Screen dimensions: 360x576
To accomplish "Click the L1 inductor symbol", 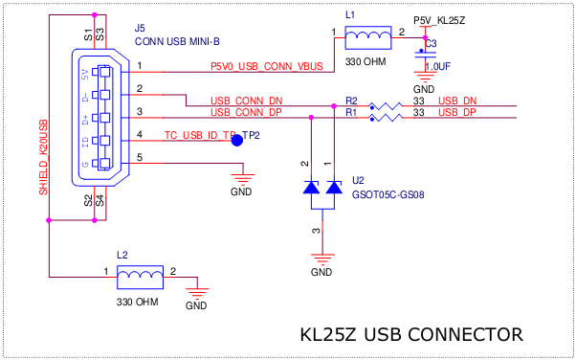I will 366,38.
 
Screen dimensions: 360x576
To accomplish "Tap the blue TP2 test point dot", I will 237,141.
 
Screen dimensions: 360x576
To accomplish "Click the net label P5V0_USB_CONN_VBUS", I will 267,66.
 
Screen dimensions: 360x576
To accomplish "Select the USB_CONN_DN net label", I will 247,101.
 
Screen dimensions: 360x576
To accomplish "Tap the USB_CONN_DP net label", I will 247,113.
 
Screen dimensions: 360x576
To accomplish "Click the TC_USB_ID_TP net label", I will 200,136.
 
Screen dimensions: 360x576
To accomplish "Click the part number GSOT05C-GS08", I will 388,193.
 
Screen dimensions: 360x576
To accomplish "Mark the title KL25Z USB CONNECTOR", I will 411,335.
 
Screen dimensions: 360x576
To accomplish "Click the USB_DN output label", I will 456,101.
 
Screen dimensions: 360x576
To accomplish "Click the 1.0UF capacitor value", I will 437,67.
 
